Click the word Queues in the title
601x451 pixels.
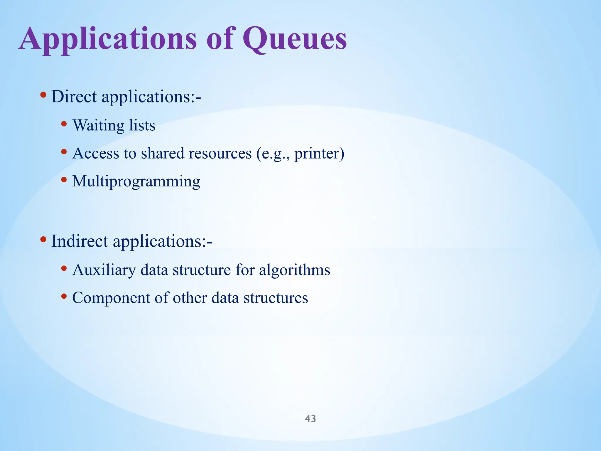294,39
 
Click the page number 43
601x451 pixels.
310,418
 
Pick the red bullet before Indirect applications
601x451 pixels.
43,239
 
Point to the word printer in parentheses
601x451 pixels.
317,153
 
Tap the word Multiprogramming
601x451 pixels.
136,181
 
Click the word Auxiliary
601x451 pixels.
104,270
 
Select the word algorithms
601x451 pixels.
294,270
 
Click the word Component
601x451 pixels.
111,297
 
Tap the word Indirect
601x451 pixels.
80,241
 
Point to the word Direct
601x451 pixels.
74,96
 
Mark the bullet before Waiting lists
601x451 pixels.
64,124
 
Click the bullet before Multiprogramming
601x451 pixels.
64,179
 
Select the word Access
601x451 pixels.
96,153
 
